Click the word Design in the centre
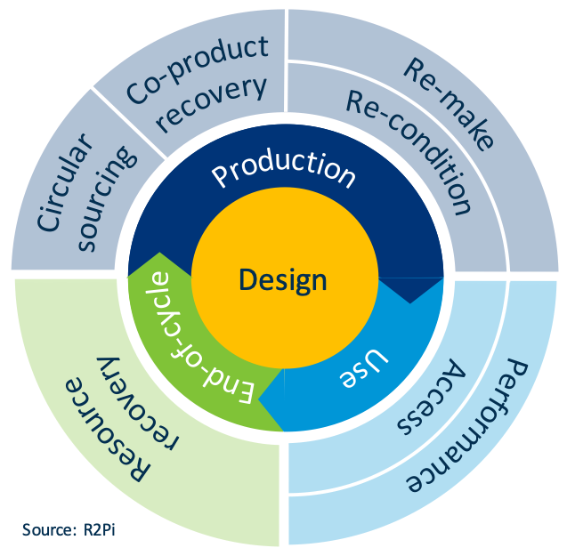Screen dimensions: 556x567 tap(283, 280)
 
